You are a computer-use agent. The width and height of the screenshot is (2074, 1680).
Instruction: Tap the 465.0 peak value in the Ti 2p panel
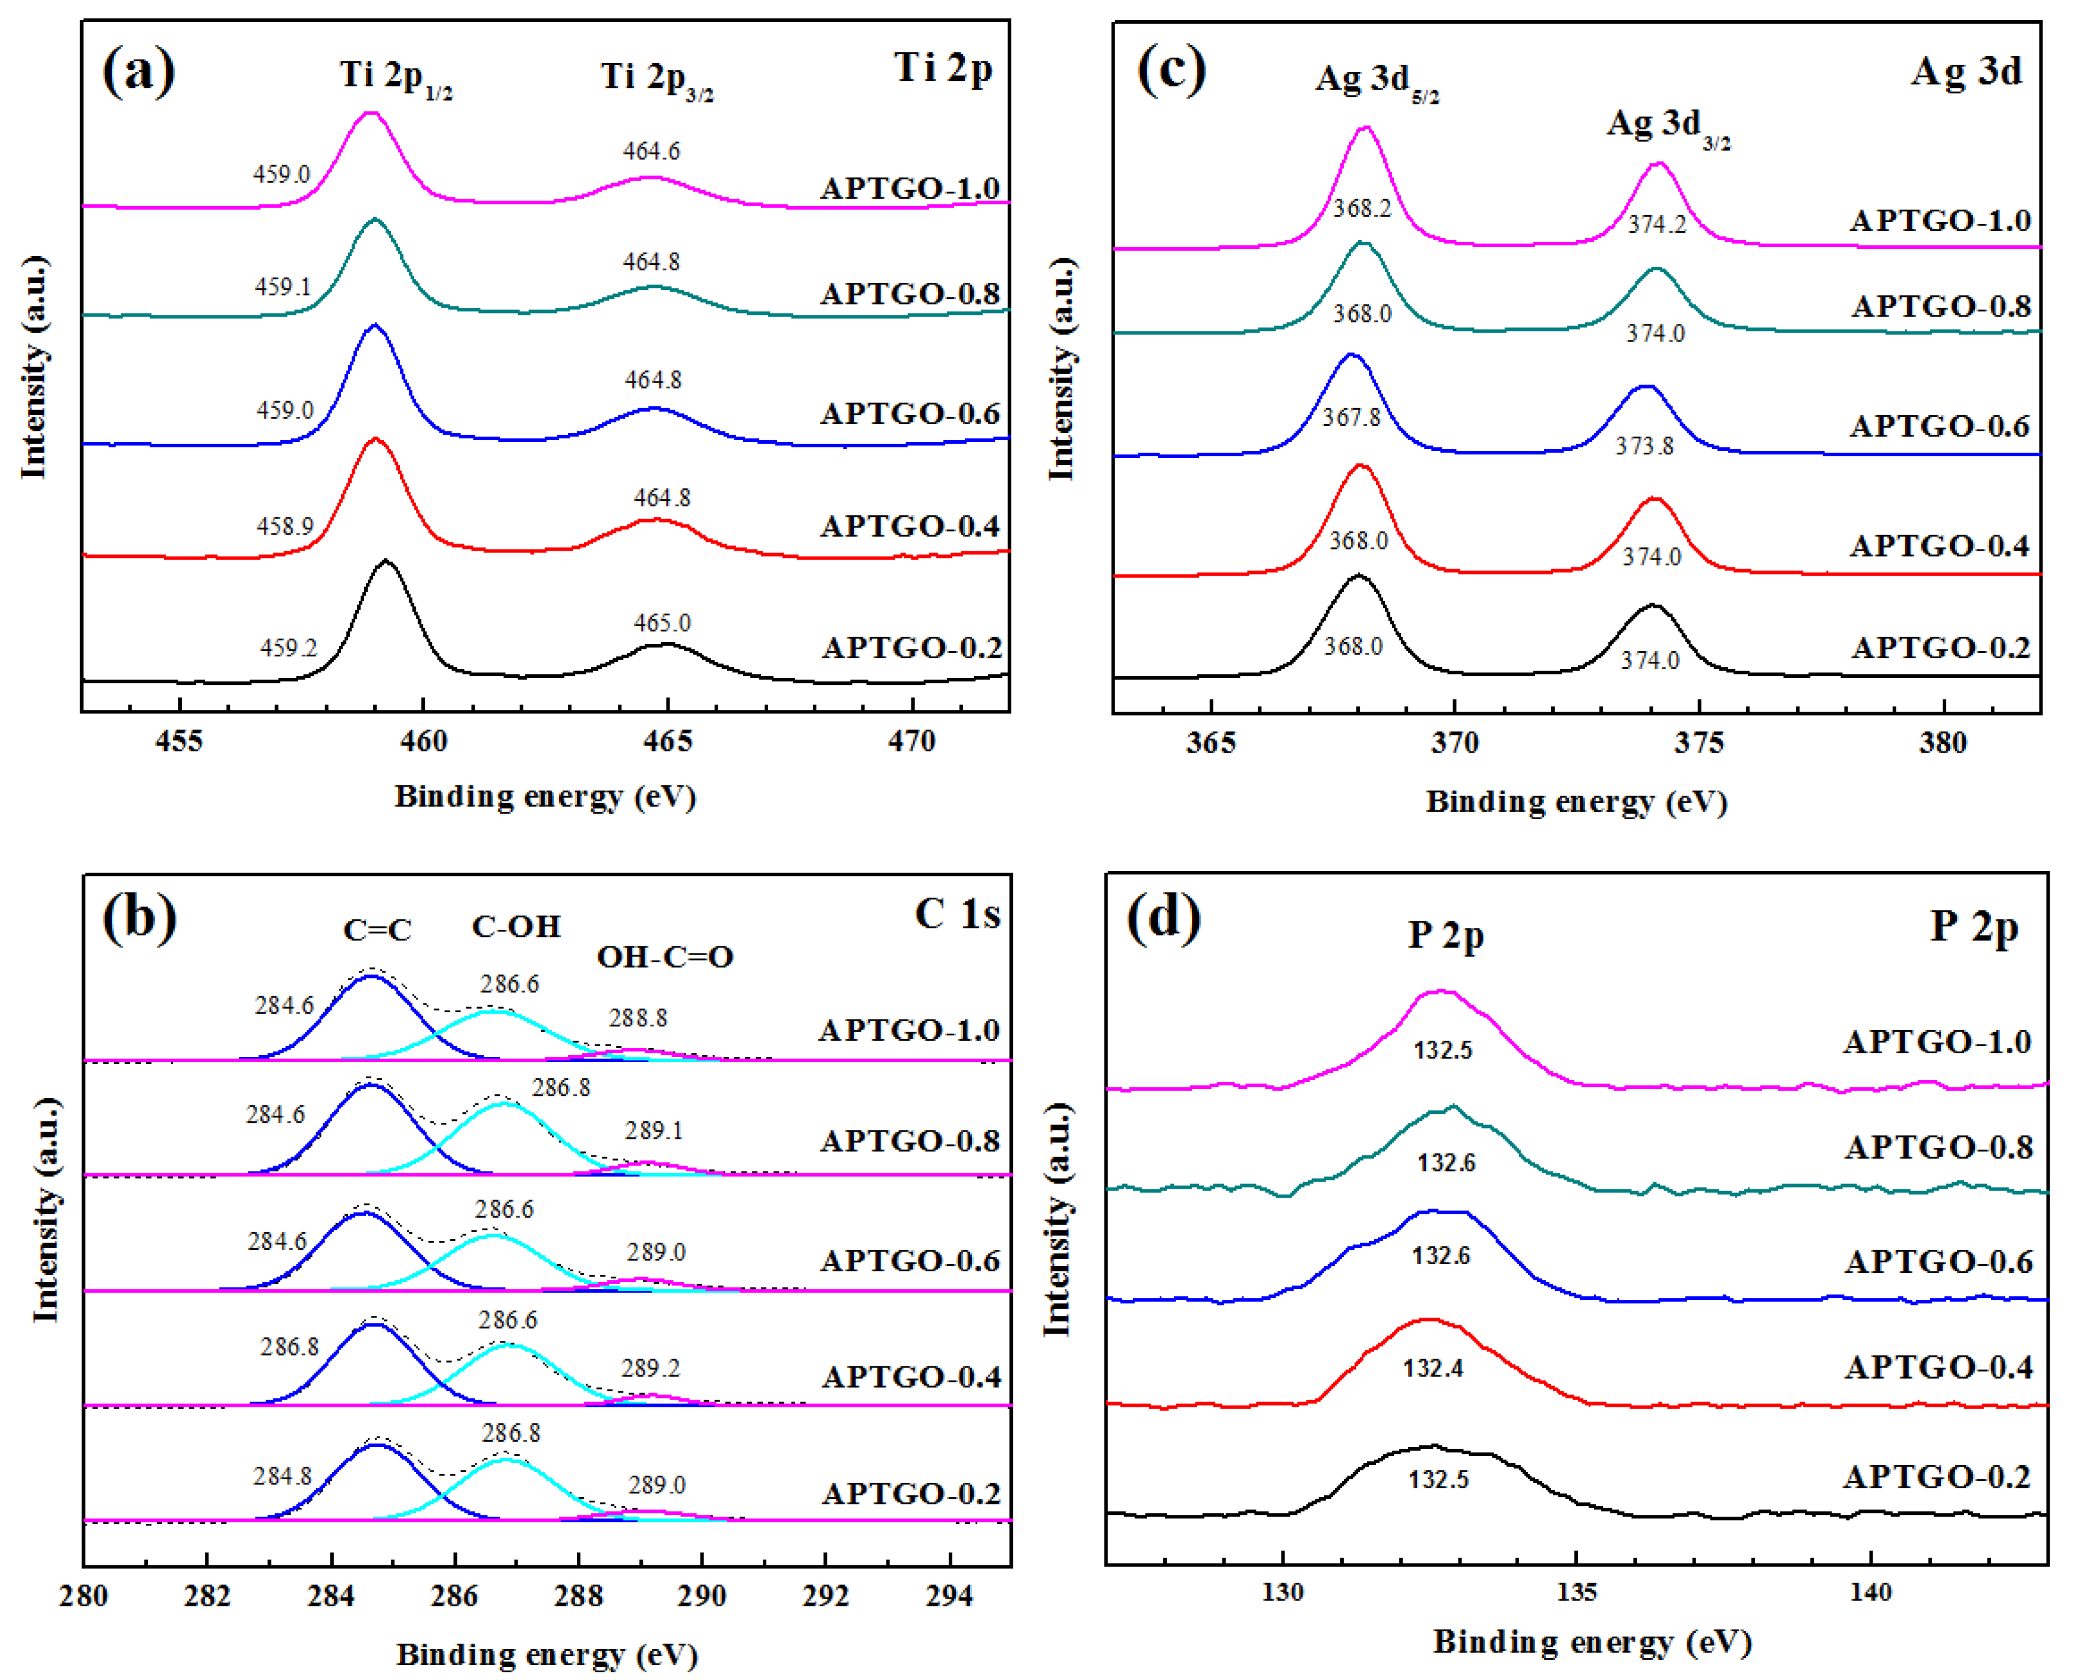662,622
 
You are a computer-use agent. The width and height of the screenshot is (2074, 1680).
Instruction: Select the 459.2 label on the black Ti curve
288,648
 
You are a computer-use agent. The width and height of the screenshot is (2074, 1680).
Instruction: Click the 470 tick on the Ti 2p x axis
912,741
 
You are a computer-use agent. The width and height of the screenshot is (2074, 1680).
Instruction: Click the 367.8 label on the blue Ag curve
1351,417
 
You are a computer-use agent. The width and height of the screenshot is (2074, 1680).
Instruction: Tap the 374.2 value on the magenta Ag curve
1657,225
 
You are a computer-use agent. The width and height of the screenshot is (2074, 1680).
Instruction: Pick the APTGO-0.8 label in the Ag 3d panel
1940,307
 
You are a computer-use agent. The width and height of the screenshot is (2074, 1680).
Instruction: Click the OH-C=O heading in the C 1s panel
665,957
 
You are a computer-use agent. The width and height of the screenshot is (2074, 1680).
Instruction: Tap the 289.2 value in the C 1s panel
651,1368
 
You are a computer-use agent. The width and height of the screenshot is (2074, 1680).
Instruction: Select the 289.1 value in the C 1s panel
654,1130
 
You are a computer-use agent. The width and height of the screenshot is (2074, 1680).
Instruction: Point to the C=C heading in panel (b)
377,930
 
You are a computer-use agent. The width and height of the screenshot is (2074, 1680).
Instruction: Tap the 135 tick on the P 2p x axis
1577,1592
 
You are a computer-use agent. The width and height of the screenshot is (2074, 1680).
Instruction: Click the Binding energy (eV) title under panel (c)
1576,802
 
